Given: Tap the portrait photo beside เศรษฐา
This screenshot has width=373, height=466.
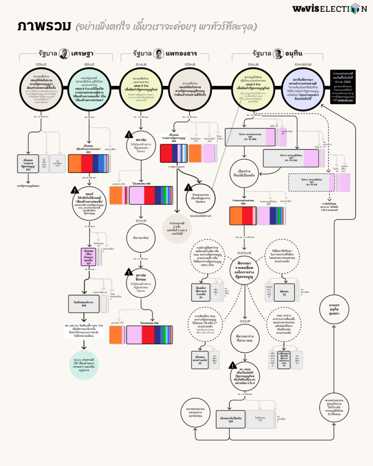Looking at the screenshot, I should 64,54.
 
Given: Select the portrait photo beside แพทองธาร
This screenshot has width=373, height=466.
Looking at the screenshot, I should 159,54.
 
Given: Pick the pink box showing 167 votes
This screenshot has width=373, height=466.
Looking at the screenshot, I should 89,256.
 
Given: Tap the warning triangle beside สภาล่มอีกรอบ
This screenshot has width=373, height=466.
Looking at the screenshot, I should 128,273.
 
